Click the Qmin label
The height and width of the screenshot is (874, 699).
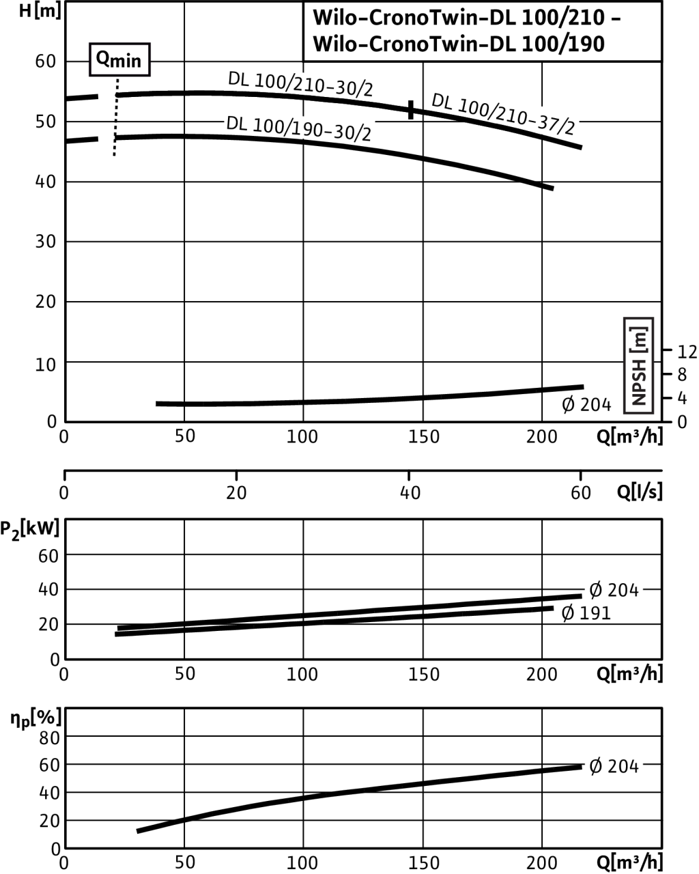click(119, 60)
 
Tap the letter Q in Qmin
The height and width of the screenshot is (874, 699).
click(102, 59)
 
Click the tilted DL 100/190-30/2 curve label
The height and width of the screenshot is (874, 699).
click(299, 129)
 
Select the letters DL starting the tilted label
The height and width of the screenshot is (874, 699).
click(236, 124)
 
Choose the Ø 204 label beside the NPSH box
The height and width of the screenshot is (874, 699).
click(586, 404)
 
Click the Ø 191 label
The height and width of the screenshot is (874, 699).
click(585, 613)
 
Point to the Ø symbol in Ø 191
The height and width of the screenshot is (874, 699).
click(568, 613)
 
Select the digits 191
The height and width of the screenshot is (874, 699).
click(595, 613)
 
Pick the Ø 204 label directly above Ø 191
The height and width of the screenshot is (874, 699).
click(614, 589)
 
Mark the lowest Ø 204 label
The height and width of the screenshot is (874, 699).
click(614, 766)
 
